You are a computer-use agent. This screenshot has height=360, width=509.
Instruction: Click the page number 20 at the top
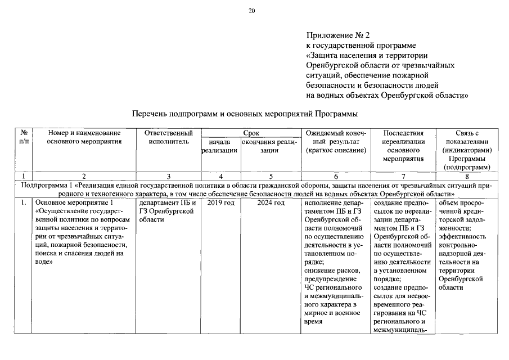(251, 11)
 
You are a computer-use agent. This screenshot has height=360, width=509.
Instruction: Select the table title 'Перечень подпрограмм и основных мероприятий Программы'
(245, 114)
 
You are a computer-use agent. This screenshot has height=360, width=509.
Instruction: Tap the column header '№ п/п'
(24, 138)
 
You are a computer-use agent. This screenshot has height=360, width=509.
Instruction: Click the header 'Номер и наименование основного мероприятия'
(84, 138)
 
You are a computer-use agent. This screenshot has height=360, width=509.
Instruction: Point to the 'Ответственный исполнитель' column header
(169, 138)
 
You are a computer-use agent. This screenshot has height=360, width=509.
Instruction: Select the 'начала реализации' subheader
(219, 147)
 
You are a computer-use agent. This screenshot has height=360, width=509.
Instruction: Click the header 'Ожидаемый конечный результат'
(336, 142)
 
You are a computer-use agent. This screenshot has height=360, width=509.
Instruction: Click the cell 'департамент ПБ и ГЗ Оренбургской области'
(167, 211)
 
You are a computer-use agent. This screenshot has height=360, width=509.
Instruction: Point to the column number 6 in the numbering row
(336, 176)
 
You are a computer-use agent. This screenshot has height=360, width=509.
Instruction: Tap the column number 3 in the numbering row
(169, 176)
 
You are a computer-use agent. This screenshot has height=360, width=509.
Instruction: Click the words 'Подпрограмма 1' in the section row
(47, 184)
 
